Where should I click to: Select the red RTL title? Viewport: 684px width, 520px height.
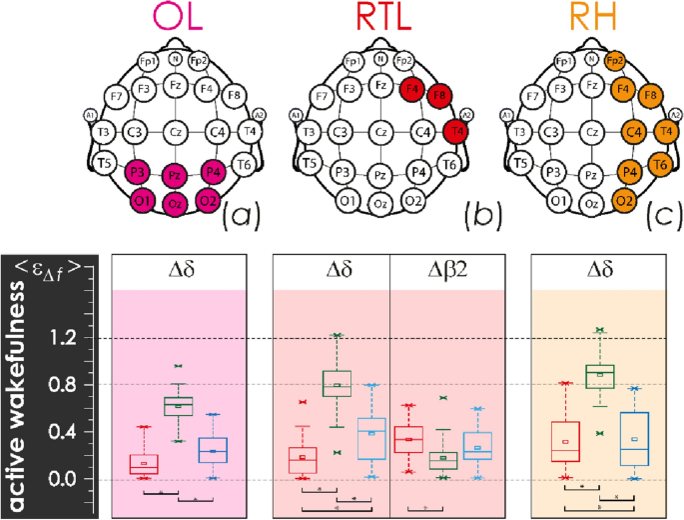378,21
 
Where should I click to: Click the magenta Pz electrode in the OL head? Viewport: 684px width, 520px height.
176,176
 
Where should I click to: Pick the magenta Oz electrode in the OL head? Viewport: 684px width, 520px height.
176,205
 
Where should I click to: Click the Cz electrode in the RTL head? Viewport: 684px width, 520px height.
380,131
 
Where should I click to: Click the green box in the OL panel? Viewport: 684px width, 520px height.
178,405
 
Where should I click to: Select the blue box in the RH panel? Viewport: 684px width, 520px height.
633,439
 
